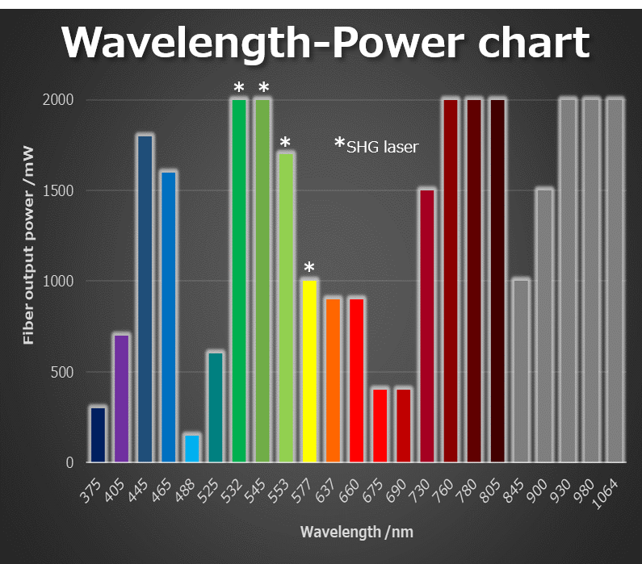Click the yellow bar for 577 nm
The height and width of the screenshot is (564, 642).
309,371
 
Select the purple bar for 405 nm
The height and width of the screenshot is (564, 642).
121,399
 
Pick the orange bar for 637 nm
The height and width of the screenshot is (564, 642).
333,380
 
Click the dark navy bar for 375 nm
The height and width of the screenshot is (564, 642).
98,435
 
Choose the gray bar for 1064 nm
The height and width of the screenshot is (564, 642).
615,281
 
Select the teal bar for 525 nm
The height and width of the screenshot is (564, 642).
216,407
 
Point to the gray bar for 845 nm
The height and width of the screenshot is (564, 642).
521,371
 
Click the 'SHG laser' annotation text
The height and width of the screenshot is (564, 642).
382,148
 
